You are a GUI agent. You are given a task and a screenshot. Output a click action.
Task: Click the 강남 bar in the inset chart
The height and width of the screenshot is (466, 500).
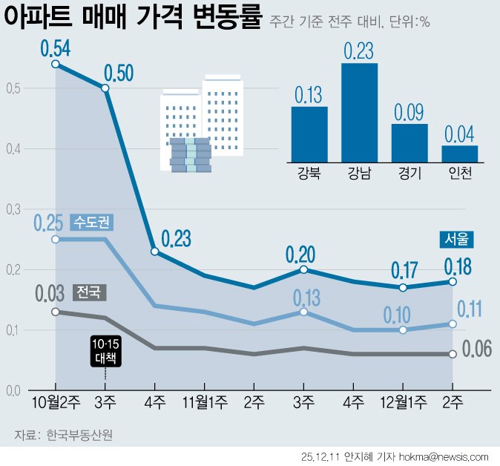tap(359, 112)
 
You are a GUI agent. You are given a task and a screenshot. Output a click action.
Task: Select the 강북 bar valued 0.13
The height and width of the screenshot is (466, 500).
tap(309, 134)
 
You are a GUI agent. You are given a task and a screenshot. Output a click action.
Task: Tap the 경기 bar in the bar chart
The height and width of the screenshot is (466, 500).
tap(409, 142)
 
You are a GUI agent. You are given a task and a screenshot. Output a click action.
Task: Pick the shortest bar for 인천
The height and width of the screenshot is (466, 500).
tap(459, 153)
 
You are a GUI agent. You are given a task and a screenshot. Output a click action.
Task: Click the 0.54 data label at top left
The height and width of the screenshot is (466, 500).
tap(56, 49)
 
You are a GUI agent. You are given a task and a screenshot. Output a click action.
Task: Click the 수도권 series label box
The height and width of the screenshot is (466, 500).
tap(93, 222)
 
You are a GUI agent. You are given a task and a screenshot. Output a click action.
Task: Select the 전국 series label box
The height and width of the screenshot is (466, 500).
tap(90, 292)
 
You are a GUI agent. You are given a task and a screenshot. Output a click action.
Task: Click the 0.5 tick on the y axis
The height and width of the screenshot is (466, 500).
tap(11, 89)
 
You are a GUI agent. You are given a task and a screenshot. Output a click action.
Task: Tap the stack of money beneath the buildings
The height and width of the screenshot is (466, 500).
tap(190, 156)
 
